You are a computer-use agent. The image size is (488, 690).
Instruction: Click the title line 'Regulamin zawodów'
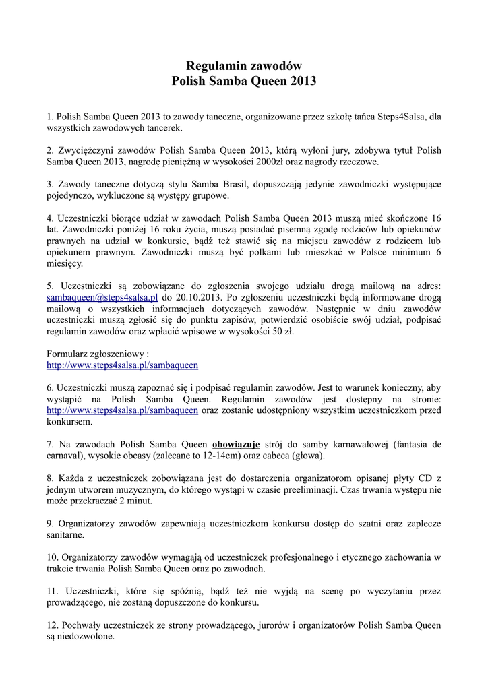(x=243, y=66)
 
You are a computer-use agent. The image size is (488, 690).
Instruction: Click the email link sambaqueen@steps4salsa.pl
(x=102, y=296)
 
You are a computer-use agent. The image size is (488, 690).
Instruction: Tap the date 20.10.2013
(x=201, y=296)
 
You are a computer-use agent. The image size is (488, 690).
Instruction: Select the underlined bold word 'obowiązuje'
(x=236, y=444)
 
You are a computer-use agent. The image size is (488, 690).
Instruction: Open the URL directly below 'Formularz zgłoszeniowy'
(x=122, y=365)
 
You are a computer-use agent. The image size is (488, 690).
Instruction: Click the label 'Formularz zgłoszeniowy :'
(x=98, y=353)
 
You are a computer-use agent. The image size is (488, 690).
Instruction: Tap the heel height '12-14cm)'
(x=197, y=456)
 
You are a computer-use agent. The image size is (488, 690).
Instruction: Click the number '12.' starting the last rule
(x=53, y=625)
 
